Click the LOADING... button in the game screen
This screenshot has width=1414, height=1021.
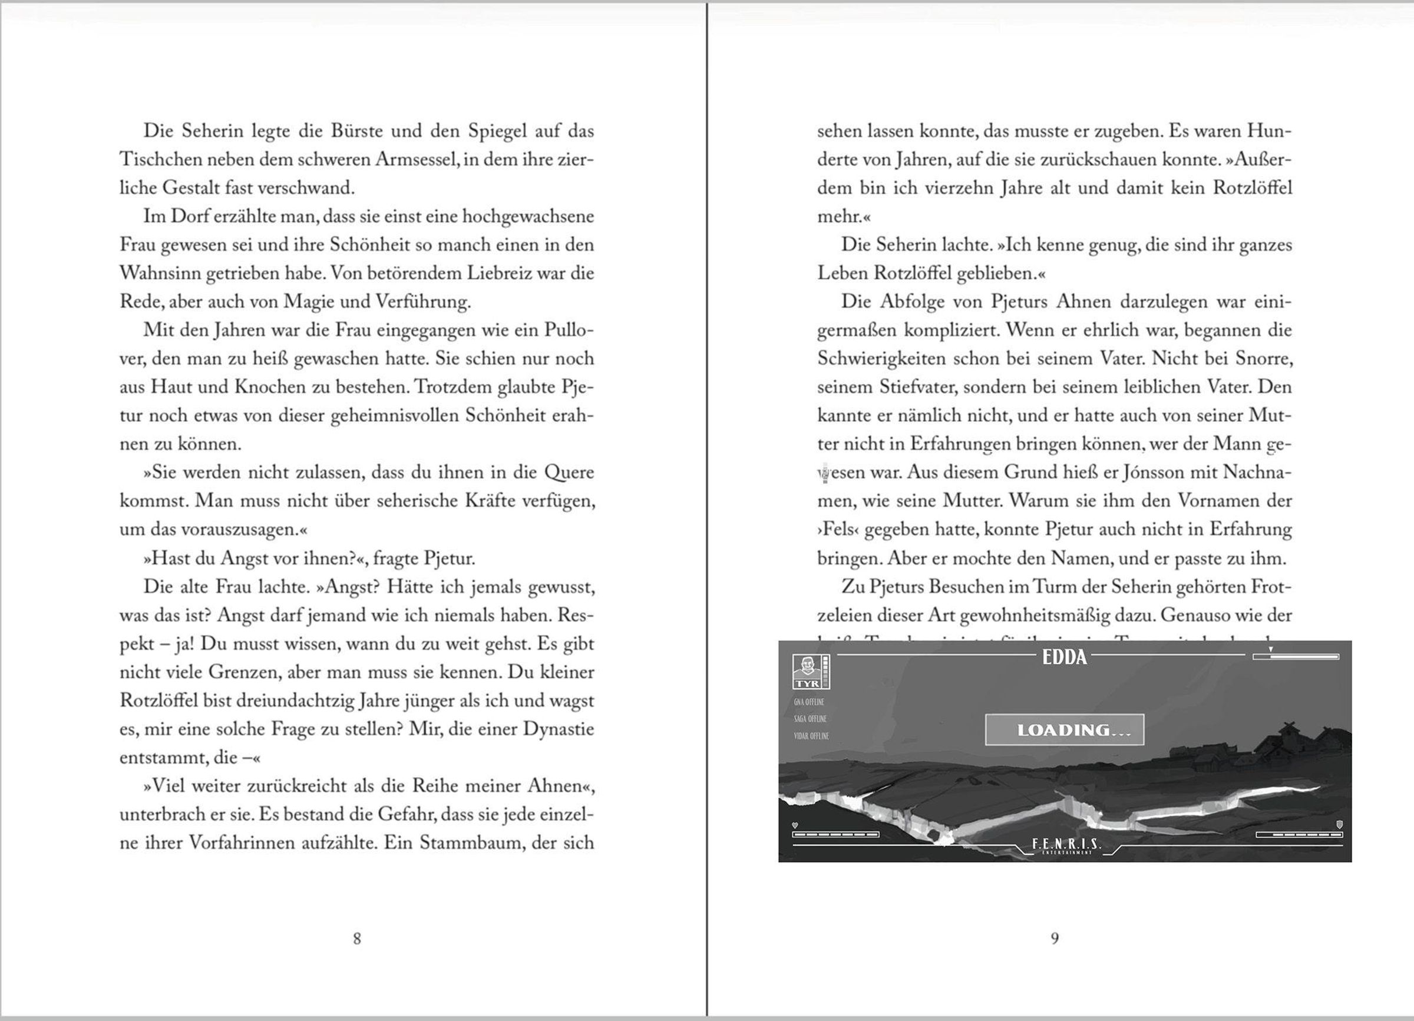[x=1064, y=729]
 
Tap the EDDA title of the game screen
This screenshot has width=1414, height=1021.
[x=1064, y=657]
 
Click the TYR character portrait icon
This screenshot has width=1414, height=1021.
[x=807, y=671]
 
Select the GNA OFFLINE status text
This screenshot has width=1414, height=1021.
[x=808, y=702]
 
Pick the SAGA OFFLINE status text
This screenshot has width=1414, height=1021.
[x=810, y=719]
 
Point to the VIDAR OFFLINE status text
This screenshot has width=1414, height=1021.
[x=811, y=736]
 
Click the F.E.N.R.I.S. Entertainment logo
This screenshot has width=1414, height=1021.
[x=1067, y=845]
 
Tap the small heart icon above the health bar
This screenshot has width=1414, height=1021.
[x=795, y=825]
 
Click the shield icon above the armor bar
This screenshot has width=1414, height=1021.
[x=1339, y=824]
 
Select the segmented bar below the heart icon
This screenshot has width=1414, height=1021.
[x=835, y=834]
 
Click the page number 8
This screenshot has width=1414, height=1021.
[x=356, y=938]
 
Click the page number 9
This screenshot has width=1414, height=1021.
[x=1054, y=938]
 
